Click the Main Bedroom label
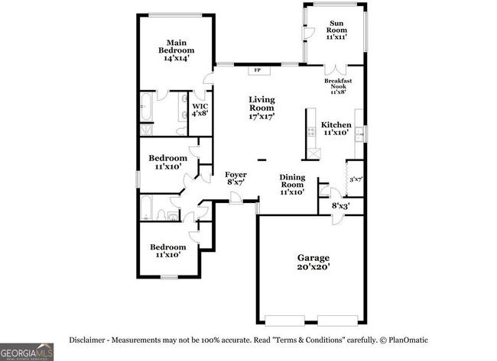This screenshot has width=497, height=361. (177, 50)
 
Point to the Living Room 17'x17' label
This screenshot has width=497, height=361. (261, 108)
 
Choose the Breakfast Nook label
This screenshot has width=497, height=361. (337, 85)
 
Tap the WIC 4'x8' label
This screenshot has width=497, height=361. (200, 110)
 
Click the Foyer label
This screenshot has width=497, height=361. (235, 179)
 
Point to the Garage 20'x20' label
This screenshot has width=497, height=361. (313, 263)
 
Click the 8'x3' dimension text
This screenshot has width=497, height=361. (340, 205)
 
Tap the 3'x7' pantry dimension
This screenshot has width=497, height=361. (356, 180)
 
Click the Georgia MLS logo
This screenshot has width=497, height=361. (27, 351)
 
